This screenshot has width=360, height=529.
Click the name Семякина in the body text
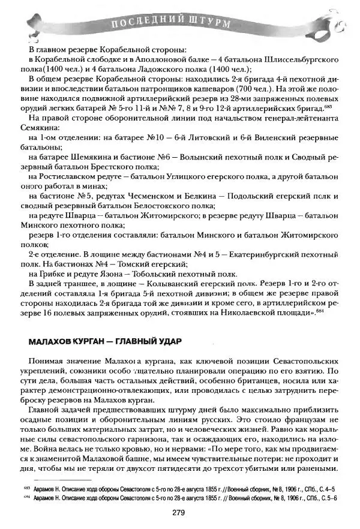pos(38,129)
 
